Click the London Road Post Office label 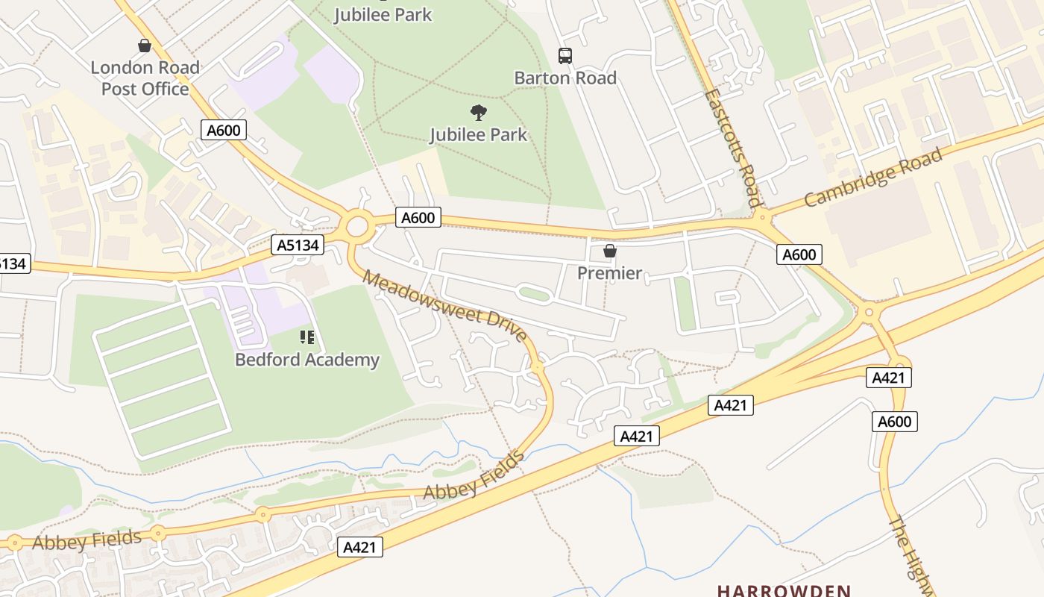point(145,78)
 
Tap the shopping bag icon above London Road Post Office point(145,46)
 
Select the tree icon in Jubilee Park point(479,113)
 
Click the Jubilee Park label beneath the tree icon point(479,135)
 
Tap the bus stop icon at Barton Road point(565,56)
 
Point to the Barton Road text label point(565,78)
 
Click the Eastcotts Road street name point(732,147)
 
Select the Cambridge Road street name point(873,178)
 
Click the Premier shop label point(609,273)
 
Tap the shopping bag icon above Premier point(609,251)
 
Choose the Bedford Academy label point(307,360)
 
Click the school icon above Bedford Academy point(307,338)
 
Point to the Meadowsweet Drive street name point(445,306)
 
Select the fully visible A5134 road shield point(298,245)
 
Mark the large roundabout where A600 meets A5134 point(358,225)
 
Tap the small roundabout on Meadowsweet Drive point(537,367)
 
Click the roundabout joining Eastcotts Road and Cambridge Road point(761,218)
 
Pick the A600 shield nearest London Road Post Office point(224,131)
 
